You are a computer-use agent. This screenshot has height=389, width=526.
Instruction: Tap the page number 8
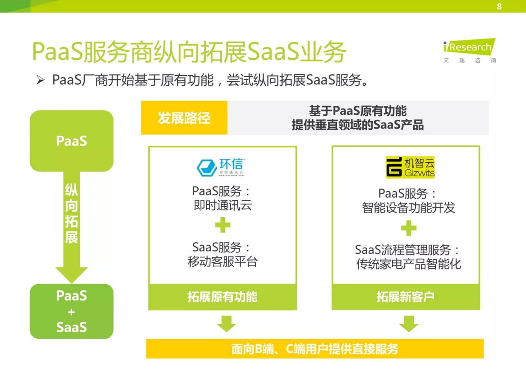click(x=499, y=7)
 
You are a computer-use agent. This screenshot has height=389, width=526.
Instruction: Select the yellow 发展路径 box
click(x=184, y=118)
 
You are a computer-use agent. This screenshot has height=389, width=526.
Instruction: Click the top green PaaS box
click(x=71, y=141)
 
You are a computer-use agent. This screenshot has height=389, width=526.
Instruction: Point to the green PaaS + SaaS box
click(x=71, y=311)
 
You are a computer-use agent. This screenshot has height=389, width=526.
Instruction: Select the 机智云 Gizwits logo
click(x=410, y=167)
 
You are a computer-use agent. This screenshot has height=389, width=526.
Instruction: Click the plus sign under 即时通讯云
click(x=223, y=225)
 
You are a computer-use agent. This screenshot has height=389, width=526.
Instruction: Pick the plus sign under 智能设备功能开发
click(x=408, y=228)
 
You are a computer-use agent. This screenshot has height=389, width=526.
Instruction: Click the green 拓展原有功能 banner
click(x=223, y=297)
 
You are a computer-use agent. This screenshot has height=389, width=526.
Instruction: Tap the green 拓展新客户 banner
click(x=405, y=297)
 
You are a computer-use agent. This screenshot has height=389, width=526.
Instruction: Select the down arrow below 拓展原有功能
click(x=226, y=323)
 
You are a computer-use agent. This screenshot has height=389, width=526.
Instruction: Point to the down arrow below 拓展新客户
click(x=409, y=323)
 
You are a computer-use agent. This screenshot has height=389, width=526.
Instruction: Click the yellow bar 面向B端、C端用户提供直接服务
click(x=314, y=349)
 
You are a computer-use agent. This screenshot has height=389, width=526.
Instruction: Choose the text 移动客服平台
click(x=223, y=262)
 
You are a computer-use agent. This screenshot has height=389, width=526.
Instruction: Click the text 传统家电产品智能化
click(x=408, y=264)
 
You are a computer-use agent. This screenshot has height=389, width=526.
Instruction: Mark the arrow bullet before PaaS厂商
click(x=40, y=80)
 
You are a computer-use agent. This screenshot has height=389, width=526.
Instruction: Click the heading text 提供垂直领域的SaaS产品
click(x=358, y=125)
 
